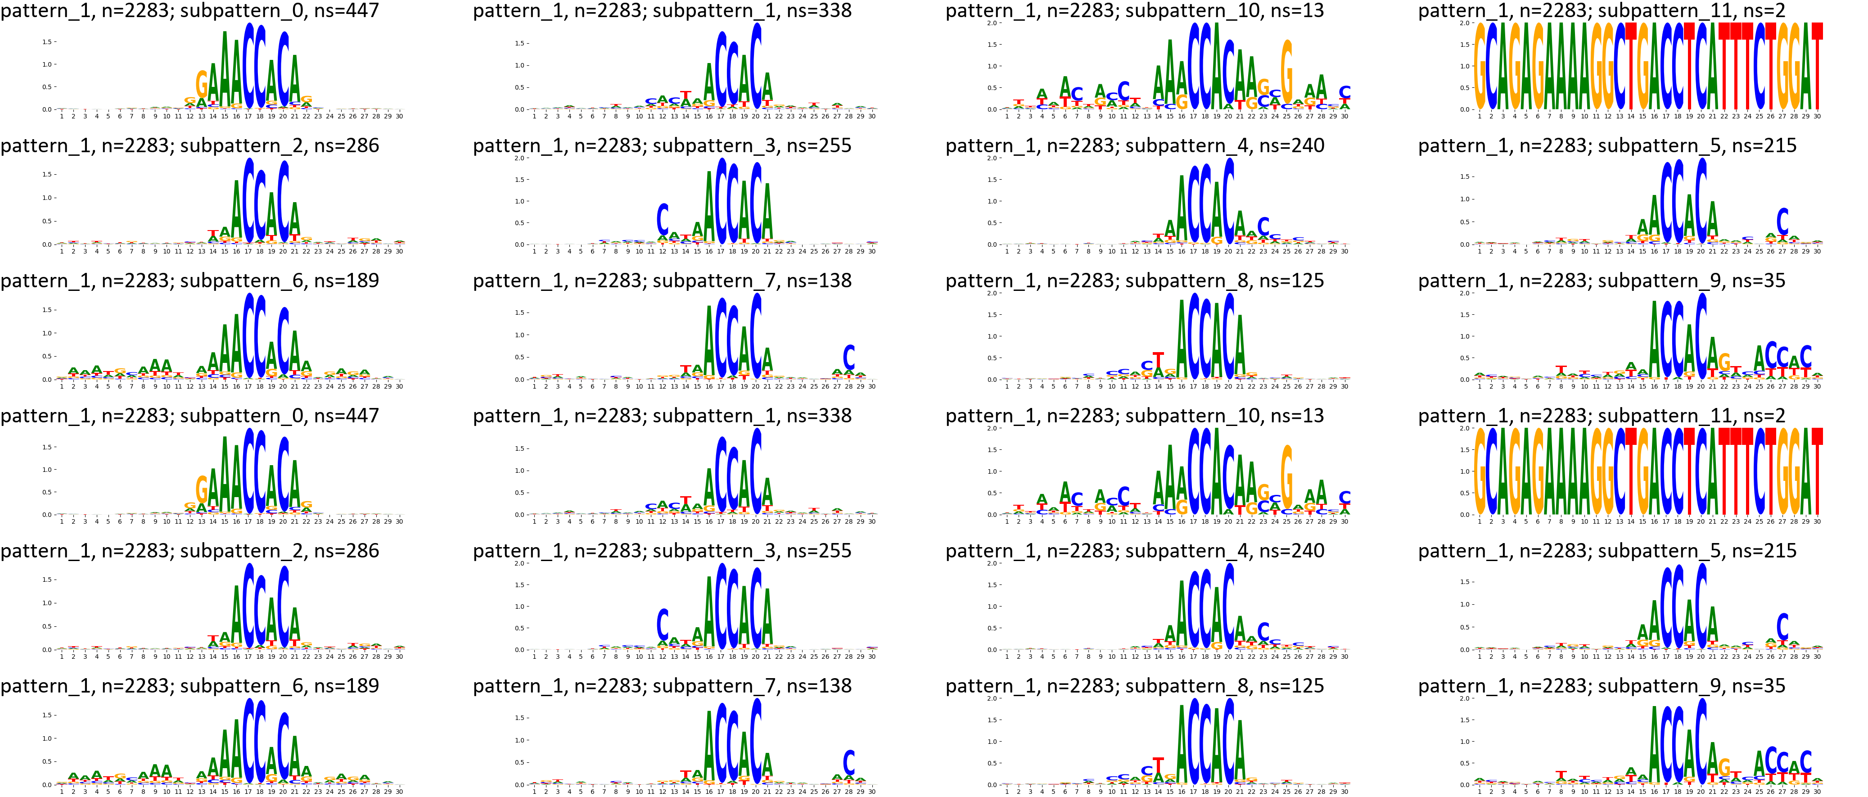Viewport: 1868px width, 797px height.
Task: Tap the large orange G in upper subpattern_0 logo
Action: [x=202, y=84]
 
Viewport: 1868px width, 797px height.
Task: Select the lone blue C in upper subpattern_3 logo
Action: [x=662, y=218]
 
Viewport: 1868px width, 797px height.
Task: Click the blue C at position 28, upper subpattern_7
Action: [x=848, y=357]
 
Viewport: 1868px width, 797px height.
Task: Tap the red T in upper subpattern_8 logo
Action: [x=1158, y=360]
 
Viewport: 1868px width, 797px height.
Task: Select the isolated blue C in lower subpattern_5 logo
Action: [x=1782, y=627]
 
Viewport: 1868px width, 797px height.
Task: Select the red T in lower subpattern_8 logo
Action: [x=1158, y=766]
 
